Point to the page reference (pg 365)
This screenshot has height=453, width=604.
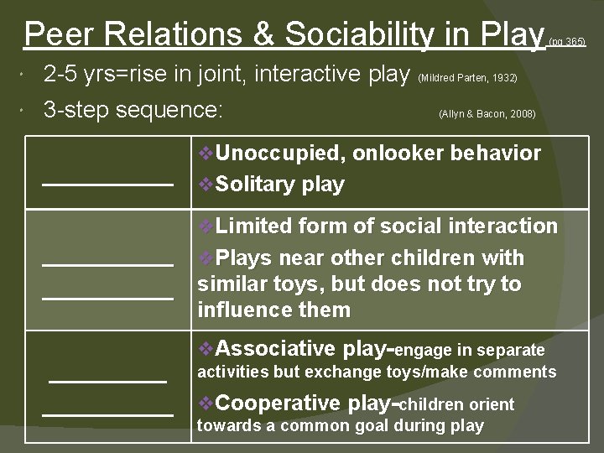pyautogui.click(x=567, y=41)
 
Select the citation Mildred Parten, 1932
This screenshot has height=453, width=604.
pyautogui.click(x=467, y=79)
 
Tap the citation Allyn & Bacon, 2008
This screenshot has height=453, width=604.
pyautogui.click(x=487, y=114)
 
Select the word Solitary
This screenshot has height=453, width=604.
pyautogui.click(x=249, y=185)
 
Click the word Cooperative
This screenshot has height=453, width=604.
pyautogui.click(x=280, y=404)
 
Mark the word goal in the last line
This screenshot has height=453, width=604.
pyautogui.click(x=355, y=425)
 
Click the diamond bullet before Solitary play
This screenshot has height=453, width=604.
pyautogui.click(x=207, y=185)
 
